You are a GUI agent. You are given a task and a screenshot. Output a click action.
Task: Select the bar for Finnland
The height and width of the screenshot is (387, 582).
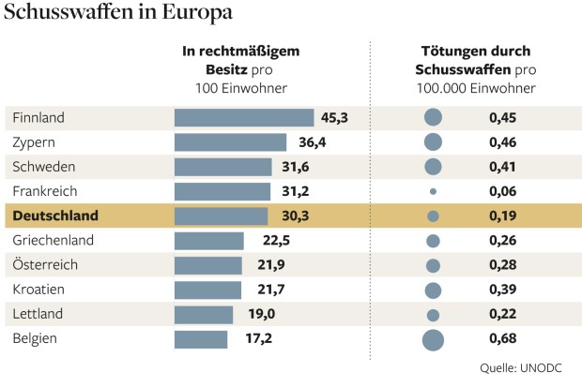click(x=244, y=118)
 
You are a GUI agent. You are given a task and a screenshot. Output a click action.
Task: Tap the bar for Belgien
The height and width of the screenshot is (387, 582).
click(x=201, y=338)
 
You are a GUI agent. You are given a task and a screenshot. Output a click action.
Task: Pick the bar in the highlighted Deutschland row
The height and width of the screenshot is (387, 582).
click(x=222, y=216)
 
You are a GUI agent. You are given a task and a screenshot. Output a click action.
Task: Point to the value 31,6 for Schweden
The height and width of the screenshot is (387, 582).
click(x=303, y=167)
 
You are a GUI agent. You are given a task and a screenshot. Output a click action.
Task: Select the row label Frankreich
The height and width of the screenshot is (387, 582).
click(x=45, y=191)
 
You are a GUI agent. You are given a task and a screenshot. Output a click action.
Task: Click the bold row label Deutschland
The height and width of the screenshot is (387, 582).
click(x=56, y=216)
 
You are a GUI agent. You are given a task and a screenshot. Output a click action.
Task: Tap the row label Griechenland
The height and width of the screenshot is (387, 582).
click(x=53, y=241)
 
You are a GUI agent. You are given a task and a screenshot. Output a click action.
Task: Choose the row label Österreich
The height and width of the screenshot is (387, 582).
click(x=45, y=265)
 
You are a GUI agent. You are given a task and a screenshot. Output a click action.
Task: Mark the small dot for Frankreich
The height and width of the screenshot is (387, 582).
click(x=433, y=191)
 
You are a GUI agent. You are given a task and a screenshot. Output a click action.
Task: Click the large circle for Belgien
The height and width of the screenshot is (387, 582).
click(x=433, y=339)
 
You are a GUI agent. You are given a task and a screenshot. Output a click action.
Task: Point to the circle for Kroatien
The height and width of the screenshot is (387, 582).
click(x=433, y=290)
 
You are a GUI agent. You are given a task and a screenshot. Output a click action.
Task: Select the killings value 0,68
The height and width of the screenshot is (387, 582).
click(x=503, y=338)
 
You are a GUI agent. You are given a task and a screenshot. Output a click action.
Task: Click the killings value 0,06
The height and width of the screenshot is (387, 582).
click(x=503, y=191)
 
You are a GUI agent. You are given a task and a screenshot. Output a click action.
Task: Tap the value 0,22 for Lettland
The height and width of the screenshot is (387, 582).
click(x=503, y=314)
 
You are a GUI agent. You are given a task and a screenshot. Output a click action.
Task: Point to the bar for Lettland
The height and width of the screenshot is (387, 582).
click(x=204, y=314)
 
